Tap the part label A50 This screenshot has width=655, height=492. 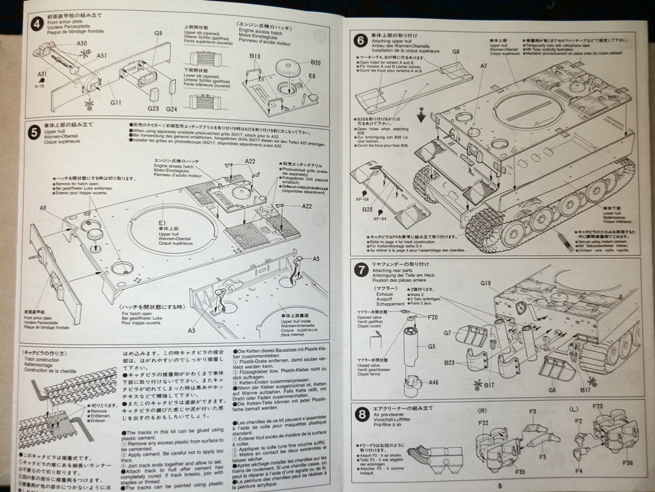[82, 43]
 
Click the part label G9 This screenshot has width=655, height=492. [158, 33]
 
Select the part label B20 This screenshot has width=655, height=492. [315, 62]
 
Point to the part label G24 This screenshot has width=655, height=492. [171, 108]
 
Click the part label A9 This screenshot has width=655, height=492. [43, 208]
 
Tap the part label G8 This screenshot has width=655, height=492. [456, 51]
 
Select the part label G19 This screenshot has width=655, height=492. [485, 283]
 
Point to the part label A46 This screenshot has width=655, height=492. [434, 382]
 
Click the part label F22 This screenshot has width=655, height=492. [482, 422]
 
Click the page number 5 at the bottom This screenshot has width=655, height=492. [500, 484]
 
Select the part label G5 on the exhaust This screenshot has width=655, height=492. [432, 347]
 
